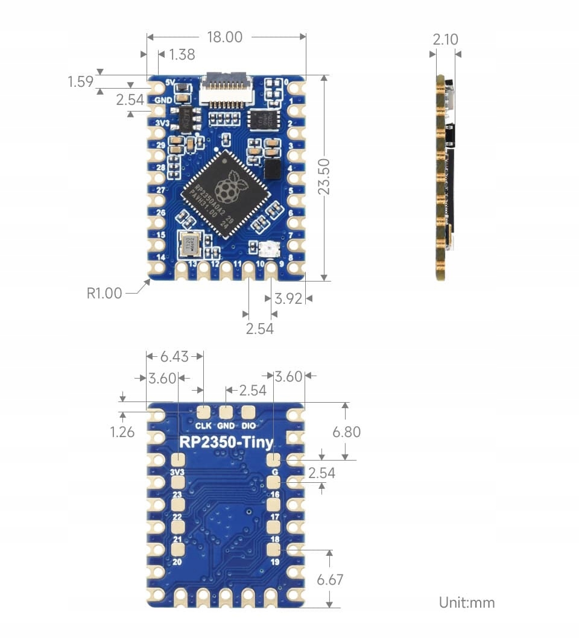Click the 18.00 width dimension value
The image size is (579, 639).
[224, 37]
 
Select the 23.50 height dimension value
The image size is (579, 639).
[325, 177]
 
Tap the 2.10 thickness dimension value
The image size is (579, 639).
[445, 40]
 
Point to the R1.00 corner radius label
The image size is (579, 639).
[104, 294]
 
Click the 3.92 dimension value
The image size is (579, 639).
[288, 298]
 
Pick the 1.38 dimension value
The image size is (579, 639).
[182, 55]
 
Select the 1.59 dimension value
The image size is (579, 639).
[80, 81]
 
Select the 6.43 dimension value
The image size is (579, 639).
[174, 356]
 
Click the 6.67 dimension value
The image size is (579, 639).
[330, 580]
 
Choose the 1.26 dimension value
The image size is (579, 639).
[122, 432]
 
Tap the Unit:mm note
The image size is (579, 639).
[467, 602]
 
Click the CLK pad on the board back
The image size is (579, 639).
[204, 412]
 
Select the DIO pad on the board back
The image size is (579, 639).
[248, 412]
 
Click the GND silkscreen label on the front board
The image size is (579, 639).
[163, 100]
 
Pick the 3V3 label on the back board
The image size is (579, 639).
[177, 472]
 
